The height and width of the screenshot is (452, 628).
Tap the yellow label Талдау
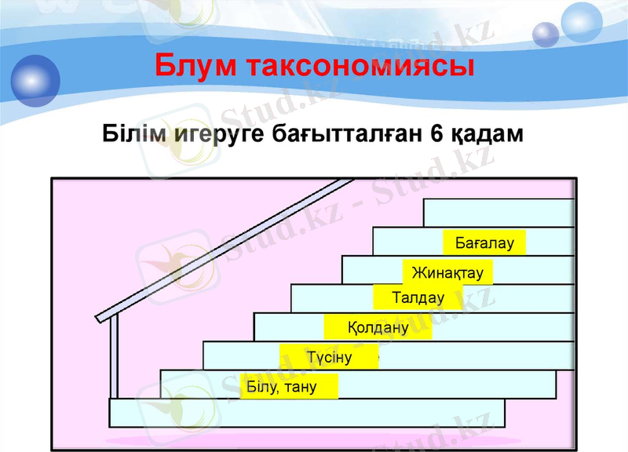[418, 298]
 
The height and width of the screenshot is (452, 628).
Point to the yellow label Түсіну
[329, 358]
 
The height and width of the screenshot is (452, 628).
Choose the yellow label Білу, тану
[288, 386]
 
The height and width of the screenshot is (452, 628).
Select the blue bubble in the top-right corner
[545, 34]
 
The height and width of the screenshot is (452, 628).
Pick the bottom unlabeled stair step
[306, 413]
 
